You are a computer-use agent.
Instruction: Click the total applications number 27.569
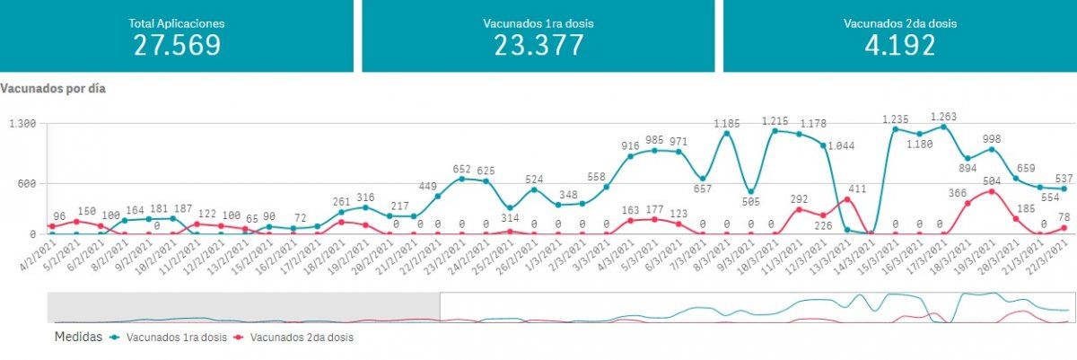[x=177, y=45]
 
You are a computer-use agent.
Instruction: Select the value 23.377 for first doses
[x=538, y=45]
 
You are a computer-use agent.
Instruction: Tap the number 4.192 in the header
[x=899, y=45]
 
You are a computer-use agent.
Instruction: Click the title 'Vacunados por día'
[x=54, y=89]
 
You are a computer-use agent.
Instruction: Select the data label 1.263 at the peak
[x=943, y=117]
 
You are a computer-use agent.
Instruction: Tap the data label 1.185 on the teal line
[x=726, y=123]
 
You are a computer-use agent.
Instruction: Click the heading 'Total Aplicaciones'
[x=177, y=22]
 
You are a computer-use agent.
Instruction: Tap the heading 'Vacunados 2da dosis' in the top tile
[x=899, y=22]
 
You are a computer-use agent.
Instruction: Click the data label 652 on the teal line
[x=461, y=169]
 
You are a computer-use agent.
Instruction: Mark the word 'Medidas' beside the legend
[x=77, y=338]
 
